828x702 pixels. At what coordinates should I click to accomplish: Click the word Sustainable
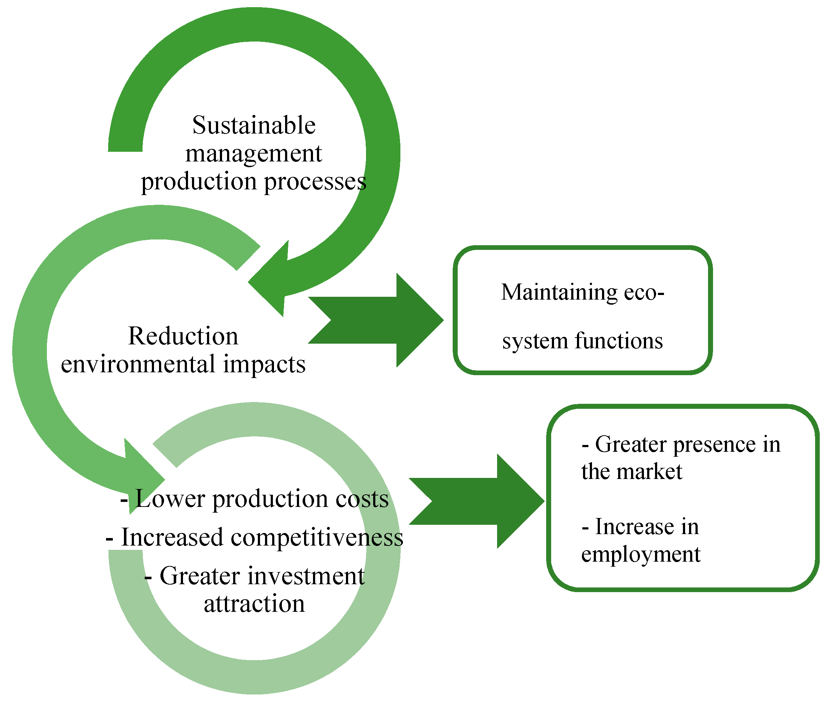coord(254,126)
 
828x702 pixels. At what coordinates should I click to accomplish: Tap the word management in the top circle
coord(254,154)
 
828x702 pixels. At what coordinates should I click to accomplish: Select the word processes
coord(315,182)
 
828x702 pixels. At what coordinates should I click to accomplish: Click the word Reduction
coord(183,336)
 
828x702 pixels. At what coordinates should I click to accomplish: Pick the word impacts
coord(264,364)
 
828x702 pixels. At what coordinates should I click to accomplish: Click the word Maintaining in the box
coord(559,292)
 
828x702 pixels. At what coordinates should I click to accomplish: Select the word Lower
coord(170,499)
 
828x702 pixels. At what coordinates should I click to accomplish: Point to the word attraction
coord(254,604)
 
